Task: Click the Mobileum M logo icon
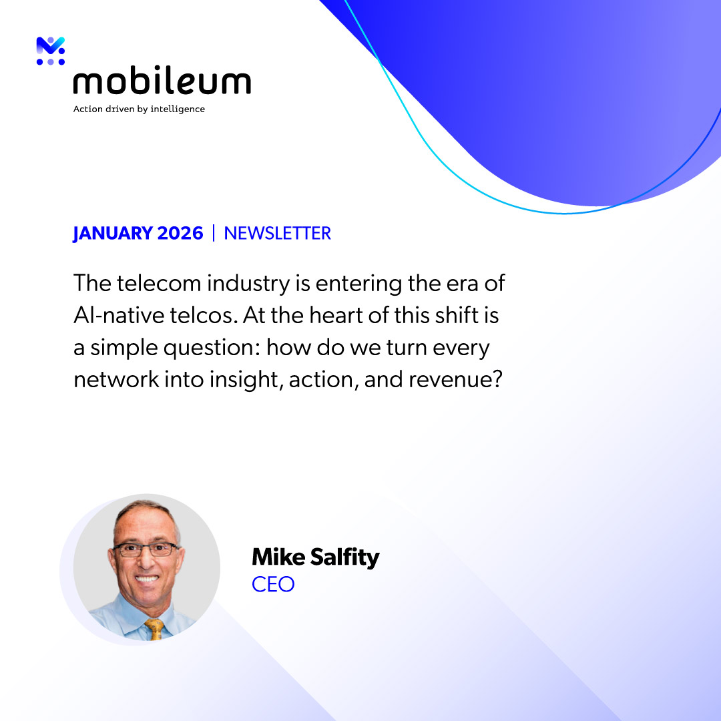(51, 51)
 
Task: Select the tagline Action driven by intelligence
(139, 109)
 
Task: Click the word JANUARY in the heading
(112, 233)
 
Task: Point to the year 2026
(180, 233)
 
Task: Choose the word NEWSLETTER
(278, 233)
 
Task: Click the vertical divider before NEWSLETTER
(214, 233)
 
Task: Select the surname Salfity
(342, 557)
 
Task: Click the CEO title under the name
(273, 584)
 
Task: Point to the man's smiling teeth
(147, 579)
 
